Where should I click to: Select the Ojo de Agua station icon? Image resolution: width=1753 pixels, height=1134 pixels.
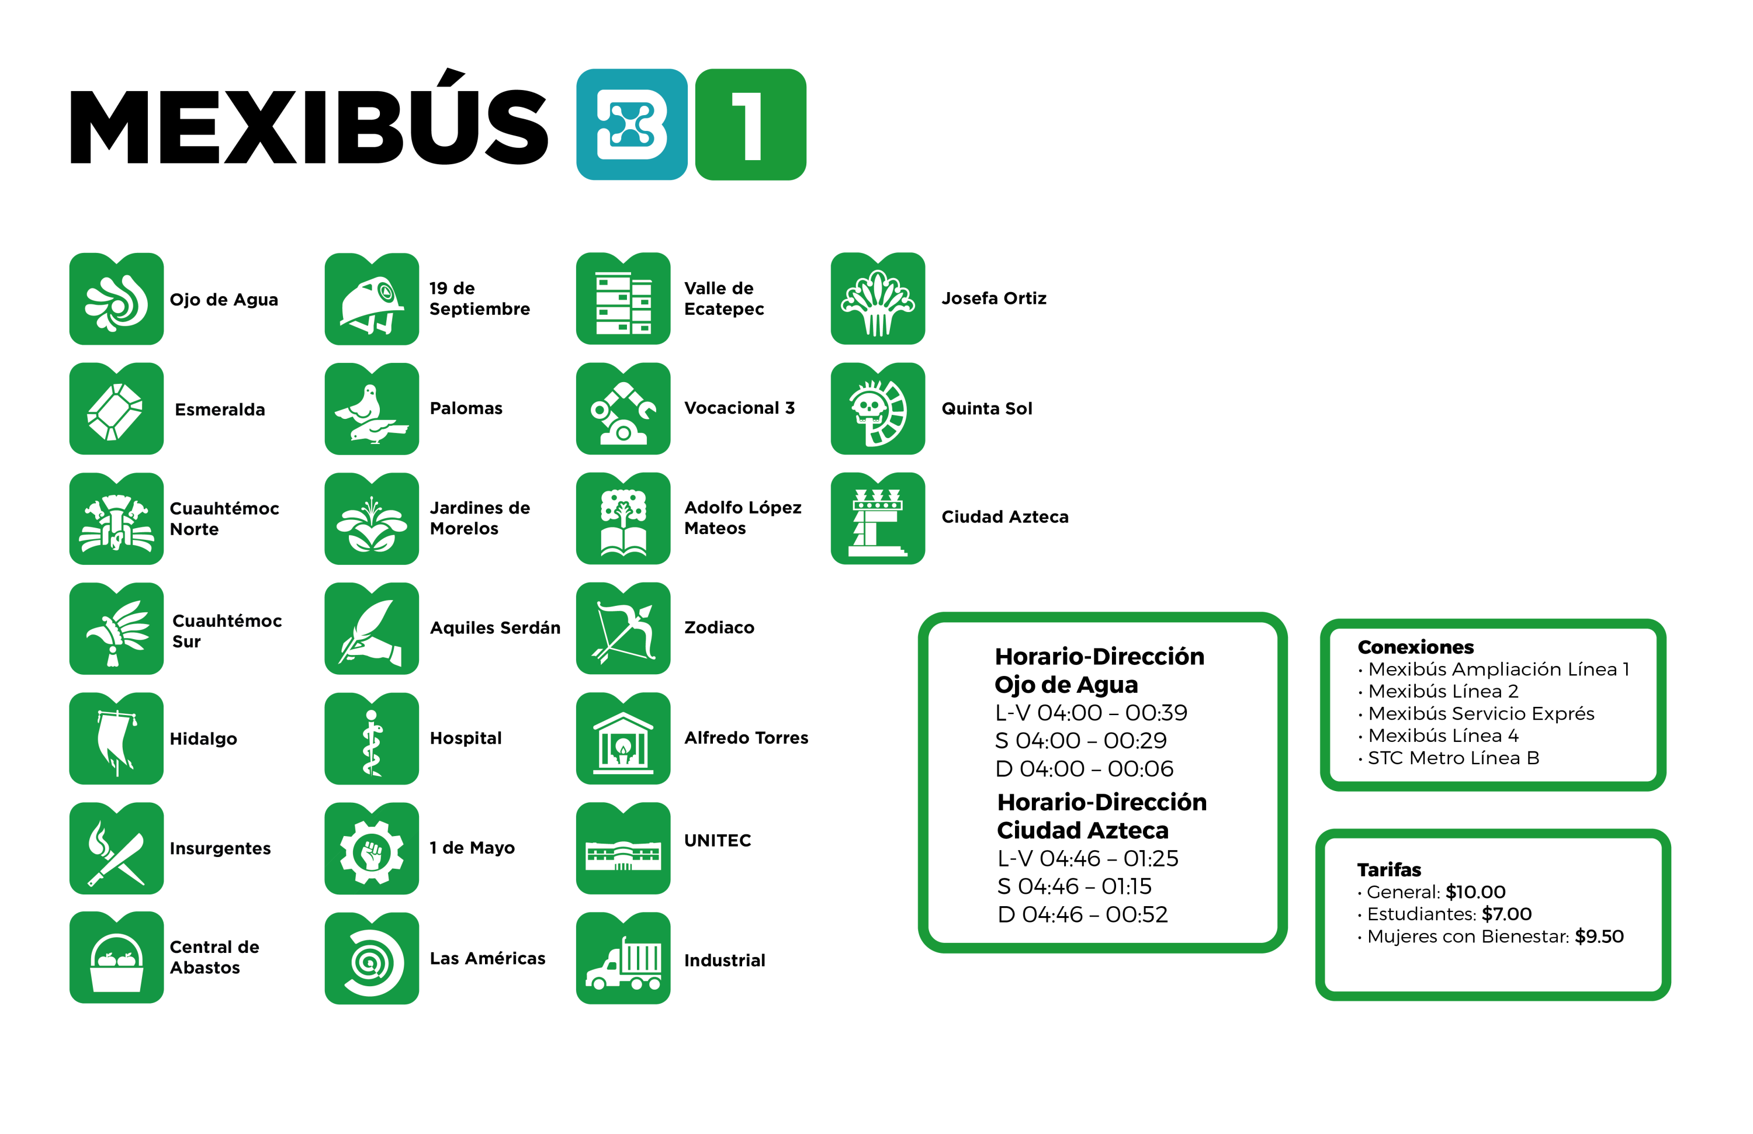point(116,299)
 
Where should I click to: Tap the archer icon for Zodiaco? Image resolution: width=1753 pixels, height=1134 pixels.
point(623,628)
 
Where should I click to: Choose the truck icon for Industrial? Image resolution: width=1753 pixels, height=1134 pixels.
point(623,959)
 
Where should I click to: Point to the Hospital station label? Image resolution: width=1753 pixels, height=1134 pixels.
point(466,738)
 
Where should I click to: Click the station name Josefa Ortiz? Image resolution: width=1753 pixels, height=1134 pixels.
point(993,298)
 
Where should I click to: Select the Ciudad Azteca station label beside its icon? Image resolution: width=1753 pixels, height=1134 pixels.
point(1004,517)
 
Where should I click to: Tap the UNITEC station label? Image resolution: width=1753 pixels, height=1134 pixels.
point(718,840)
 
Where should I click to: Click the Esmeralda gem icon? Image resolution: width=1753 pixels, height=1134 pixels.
point(116,409)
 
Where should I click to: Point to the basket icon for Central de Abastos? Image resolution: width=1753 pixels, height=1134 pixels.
point(116,959)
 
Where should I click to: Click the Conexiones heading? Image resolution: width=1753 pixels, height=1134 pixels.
point(1415,647)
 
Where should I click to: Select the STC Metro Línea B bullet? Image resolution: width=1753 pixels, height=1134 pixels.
point(1453,758)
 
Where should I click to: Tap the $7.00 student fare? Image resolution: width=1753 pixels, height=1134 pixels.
point(1506,914)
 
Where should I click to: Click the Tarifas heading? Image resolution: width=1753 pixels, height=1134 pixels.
point(1388,870)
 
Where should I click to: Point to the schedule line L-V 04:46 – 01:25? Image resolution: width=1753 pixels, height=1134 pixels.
point(1087,859)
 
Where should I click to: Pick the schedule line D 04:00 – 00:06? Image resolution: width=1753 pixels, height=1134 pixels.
point(1083,769)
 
